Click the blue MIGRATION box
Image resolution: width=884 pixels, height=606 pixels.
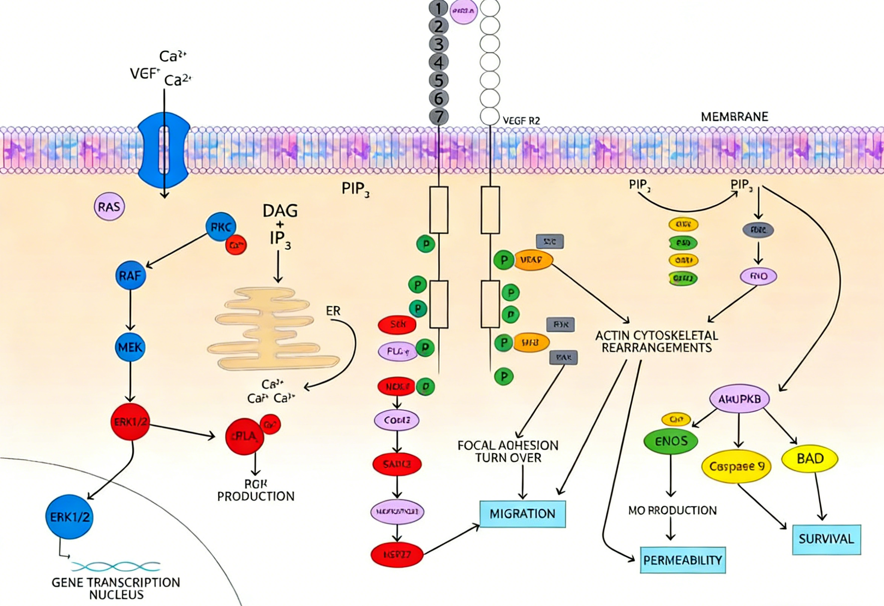coord(523,514)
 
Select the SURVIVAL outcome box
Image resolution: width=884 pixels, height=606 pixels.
coord(826,539)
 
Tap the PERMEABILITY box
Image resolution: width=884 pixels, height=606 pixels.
coord(683,560)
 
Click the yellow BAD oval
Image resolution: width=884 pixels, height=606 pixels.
coord(810,458)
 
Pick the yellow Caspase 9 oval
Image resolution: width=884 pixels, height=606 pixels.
coord(736,466)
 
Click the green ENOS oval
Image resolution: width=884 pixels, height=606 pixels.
coord(671,441)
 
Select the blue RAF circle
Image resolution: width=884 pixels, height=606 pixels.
coord(131,275)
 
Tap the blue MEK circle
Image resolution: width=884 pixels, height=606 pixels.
coord(130,347)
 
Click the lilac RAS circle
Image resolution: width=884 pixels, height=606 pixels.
coord(109,207)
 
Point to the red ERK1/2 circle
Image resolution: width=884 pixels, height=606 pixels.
coord(130,422)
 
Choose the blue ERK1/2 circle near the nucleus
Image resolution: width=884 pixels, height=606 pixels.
coord(70,517)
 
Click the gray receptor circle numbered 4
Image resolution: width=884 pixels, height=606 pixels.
coord(439,63)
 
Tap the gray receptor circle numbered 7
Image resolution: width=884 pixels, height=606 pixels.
coord(439,116)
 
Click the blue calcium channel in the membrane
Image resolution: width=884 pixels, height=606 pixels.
coord(164,150)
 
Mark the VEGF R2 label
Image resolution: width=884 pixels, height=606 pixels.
coord(521,121)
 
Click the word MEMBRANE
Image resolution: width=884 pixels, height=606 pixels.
coord(734,116)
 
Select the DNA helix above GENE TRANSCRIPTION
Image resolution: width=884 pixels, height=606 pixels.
coord(115,566)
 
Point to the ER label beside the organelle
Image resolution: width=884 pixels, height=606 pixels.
coord(333,311)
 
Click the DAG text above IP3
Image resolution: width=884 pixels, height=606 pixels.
coord(280,211)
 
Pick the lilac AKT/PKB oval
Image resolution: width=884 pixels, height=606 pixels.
coord(739,399)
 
